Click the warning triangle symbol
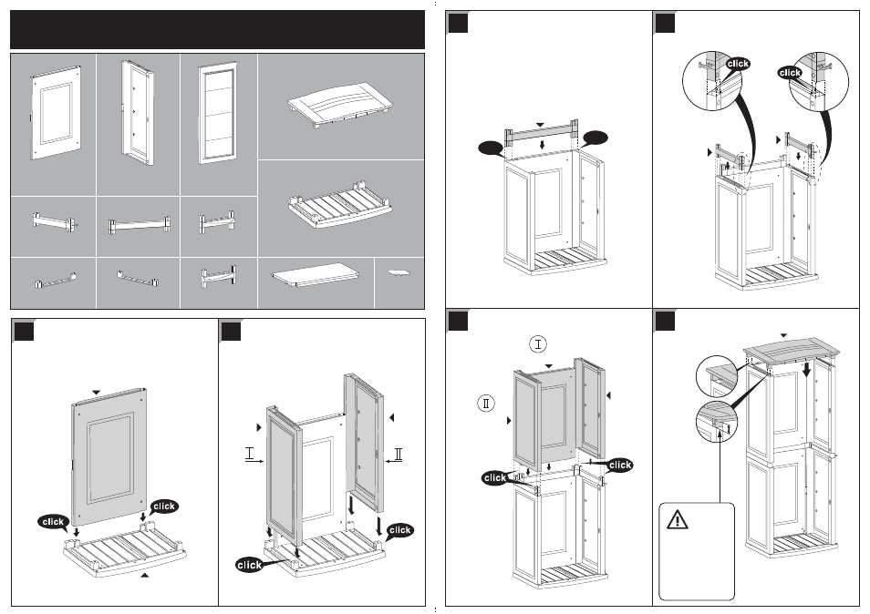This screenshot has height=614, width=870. coord(678,520)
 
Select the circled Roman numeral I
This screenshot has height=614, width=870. coord(538,344)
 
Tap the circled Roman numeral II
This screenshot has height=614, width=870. coord(486,403)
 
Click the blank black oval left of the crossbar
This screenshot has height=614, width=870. coord(491,148)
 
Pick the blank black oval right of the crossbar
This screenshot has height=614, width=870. coord(596,138)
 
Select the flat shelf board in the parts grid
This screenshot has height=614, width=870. coord(316,275)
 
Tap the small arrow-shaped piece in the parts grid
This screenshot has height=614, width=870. coord(399,272)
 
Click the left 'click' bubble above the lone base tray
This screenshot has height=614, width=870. coord(53,521)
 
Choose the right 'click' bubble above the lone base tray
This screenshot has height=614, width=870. coord(163,506)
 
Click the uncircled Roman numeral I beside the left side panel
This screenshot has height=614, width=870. coord(250,454)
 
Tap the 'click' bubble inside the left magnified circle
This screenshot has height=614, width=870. coord(738,64)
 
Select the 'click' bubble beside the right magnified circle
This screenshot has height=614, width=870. coord(790,73)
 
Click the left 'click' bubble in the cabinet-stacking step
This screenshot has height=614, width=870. coord(494,477)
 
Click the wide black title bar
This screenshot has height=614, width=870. coord(217,30)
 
